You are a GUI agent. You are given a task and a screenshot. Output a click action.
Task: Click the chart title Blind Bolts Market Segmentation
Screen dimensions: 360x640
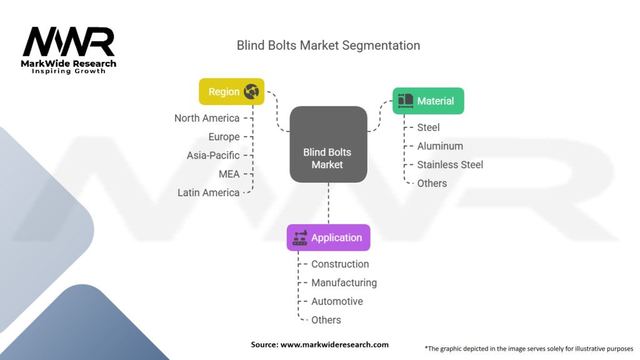(328, 46)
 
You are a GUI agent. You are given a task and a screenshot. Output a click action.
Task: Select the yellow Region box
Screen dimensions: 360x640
(231, 91)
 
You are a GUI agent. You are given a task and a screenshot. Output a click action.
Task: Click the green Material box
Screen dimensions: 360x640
(428, 101)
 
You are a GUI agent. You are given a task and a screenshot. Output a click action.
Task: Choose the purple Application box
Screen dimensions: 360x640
(328, 237)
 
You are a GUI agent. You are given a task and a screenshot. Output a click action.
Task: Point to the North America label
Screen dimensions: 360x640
(207, 118)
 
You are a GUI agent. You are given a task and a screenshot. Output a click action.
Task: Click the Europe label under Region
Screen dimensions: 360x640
(224, 137)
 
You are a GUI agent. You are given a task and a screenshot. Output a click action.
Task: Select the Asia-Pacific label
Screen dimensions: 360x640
(213, 156)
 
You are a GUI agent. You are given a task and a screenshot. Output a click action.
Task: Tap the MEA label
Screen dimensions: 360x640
(229, 174)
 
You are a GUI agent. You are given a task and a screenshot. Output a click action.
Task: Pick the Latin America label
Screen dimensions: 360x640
(208, 192)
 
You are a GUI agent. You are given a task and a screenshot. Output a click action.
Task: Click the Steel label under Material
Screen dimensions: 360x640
(429, 127)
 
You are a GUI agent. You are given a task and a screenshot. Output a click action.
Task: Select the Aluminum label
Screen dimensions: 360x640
(440, 146)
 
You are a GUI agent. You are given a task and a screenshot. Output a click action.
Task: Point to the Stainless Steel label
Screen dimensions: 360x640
(450, 164)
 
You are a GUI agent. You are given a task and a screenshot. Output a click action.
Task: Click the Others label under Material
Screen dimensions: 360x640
(432, 183)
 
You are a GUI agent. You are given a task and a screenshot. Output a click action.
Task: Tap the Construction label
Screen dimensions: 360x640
(340, 264)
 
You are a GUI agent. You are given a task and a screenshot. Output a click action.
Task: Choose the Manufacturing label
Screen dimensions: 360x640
(344, 282)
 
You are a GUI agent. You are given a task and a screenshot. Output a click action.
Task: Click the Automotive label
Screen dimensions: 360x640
(337, 301)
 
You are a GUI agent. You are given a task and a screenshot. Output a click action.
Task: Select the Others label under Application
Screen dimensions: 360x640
(326, 320)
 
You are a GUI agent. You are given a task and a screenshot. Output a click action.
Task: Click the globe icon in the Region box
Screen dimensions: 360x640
(252, 91)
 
